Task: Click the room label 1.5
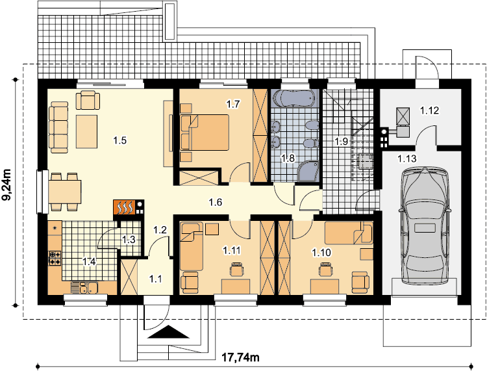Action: [x=120, y=140]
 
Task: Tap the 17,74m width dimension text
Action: [x=241, y=357]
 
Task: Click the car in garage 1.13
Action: [x=425, y=225]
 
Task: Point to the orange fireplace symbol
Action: [x=125, y=207]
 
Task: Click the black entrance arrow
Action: [x=168, y=331]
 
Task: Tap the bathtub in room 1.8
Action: [x=293, y=99]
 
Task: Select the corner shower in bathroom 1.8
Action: [x=308, y=171]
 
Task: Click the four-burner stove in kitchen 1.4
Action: [x=55, y=258]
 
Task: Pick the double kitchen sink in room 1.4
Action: [x=84, y=287]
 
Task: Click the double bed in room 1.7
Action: [x=205, y=133]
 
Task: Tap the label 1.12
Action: [x=430, y=110]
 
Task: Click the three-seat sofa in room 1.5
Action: [x=58, y=127]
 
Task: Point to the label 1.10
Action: [x=321, y=253]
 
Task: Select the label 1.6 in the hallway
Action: [x=215, y=203]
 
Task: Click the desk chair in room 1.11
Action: [x=236, y=269]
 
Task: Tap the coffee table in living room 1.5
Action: [x=87, y=131]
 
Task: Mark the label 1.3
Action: [x=129, y=240]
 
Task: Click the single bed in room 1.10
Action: [x=349, y=233]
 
